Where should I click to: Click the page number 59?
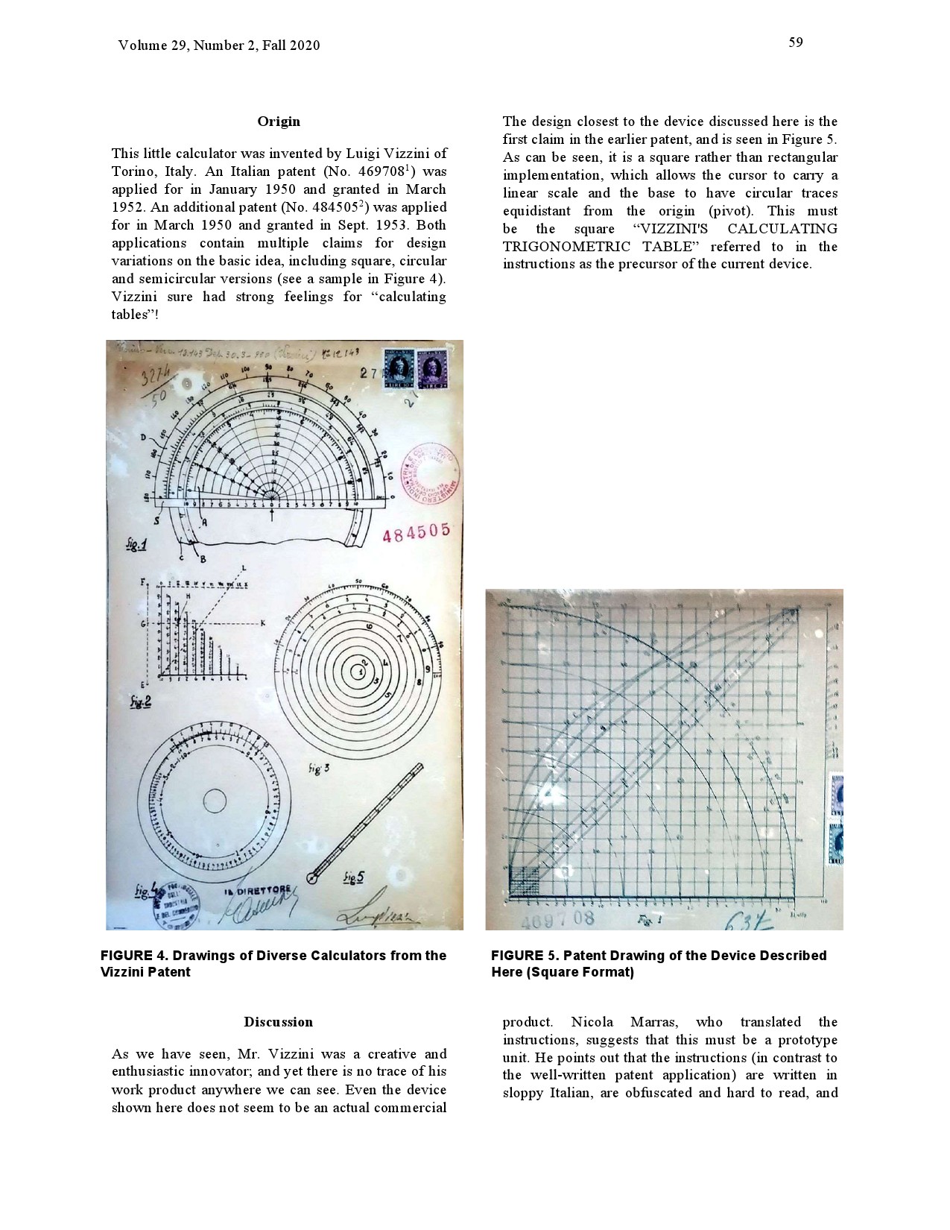coord(796,42)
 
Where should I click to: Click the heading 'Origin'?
coord(279,122)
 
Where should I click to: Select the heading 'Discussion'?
coord(279,1022)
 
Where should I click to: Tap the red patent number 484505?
coord(417,532)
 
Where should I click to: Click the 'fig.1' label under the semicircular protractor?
coord(136,545)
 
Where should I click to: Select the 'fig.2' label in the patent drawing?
coord(140,701)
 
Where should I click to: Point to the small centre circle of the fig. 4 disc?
coord(215,801)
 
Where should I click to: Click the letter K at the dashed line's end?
coord(262,622)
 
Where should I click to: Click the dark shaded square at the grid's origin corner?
coord(521,881)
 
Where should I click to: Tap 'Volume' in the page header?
coord(140,45)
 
